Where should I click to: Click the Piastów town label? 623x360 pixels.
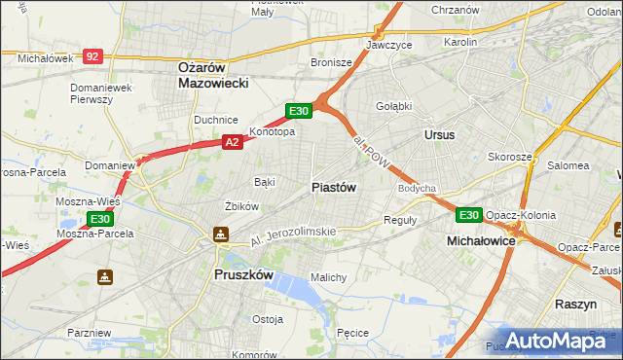tap(333, 187)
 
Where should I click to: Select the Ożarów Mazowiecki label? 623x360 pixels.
tap(214, 75)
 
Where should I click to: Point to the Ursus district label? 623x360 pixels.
tap(439, 135)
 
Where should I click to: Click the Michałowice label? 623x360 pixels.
tap(480, 239)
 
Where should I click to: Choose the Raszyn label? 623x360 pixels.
tap(575, 304)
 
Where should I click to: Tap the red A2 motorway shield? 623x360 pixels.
tap(232, 142)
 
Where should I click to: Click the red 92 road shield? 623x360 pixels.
tap(92, 57)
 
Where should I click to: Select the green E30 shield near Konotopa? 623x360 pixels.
tap(299, 111)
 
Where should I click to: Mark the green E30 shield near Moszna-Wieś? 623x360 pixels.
tap(100, 219)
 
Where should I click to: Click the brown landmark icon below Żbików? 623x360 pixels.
tap(221, 234)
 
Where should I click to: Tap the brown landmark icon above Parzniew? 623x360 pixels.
tap(105, 276)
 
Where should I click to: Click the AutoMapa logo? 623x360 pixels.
tap(556, 340)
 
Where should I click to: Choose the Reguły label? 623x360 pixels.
tap(401, 220)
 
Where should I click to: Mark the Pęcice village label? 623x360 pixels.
tap(351, 333)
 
